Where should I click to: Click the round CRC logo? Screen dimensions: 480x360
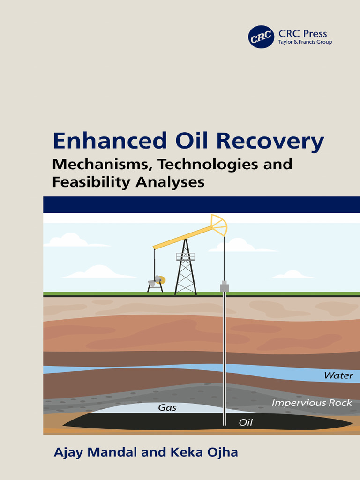pos(261,37)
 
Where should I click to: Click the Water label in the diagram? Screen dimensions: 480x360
pos(338,375)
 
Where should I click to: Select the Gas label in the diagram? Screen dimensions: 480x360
pos(167,408)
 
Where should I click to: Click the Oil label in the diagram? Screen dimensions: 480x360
pos(246,422)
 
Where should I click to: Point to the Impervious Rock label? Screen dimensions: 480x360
pos(312,403)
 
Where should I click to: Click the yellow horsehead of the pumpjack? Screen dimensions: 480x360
pos(219,225)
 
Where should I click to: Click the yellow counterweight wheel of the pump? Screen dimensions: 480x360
pos(161,280)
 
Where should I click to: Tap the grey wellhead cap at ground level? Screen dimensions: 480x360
pos(224,286)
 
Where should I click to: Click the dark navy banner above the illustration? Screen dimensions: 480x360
pos(202,205)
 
